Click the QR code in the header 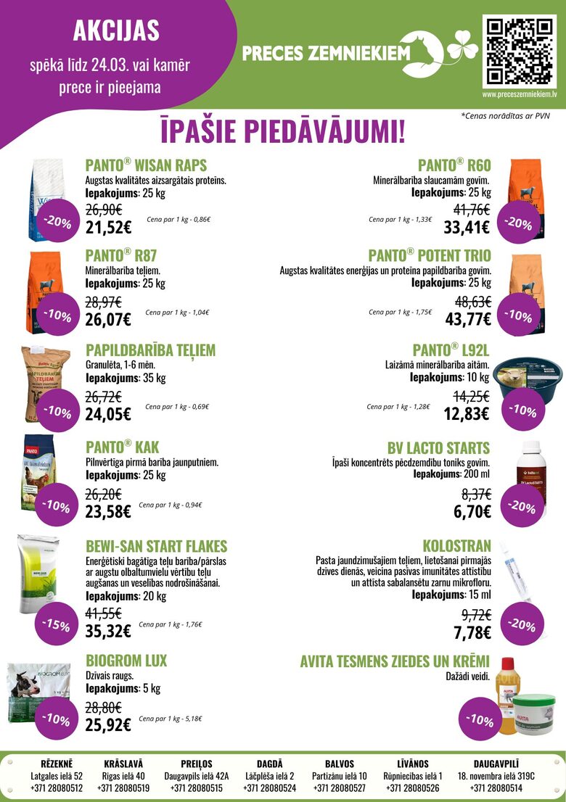tap(520, 50)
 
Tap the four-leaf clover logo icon tap(462, 49)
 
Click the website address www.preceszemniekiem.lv tap(520, 94)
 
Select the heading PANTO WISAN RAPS tap(146, 165)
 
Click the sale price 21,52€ tap(108, 227)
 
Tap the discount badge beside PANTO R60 tap(518, 223)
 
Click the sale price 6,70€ tap(472, 512)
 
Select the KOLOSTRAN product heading tap(456, 545)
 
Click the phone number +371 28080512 tap(57, 788)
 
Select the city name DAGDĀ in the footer tap(270, 764)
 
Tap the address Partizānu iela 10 tap(340, 776)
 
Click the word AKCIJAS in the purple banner tap(117, 30)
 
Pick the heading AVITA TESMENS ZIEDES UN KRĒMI tap(395, 661)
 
